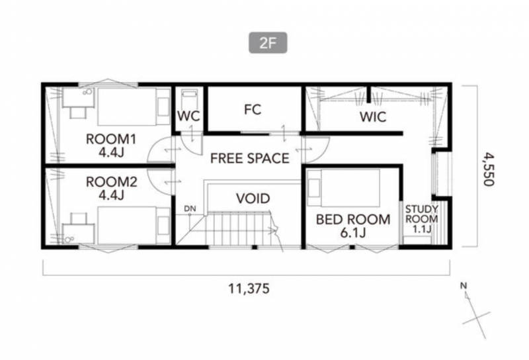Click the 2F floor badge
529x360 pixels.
click(x=268, y=42)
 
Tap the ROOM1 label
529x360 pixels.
click(x=111, y=139)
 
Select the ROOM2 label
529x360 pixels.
click(x=111, y=182)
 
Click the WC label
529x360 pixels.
click(x=188, y=116)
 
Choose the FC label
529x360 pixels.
click(x=253, y=110)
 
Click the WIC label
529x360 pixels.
click(x=373, y=117)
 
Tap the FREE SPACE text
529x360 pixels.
click(x=250, y=158)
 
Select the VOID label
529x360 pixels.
click(x=253, y=199)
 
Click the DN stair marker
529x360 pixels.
click(x=190, y=208)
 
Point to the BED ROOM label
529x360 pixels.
click(x=353, y=220)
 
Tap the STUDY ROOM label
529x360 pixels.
click(x=421, y=214)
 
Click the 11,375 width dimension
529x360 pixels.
click(x=249, y=289)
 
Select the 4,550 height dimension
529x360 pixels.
click(x=489, y=169)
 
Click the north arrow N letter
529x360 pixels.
click(x=464, y=286)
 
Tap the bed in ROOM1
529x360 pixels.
click(x=134, y=107)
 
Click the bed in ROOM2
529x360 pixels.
click(x=134, y=225)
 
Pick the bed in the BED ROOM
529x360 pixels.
click(x=343, y=188)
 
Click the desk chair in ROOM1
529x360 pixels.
click(x=78, y=112)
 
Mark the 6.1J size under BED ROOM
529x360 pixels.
click(x=353, y=233)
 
